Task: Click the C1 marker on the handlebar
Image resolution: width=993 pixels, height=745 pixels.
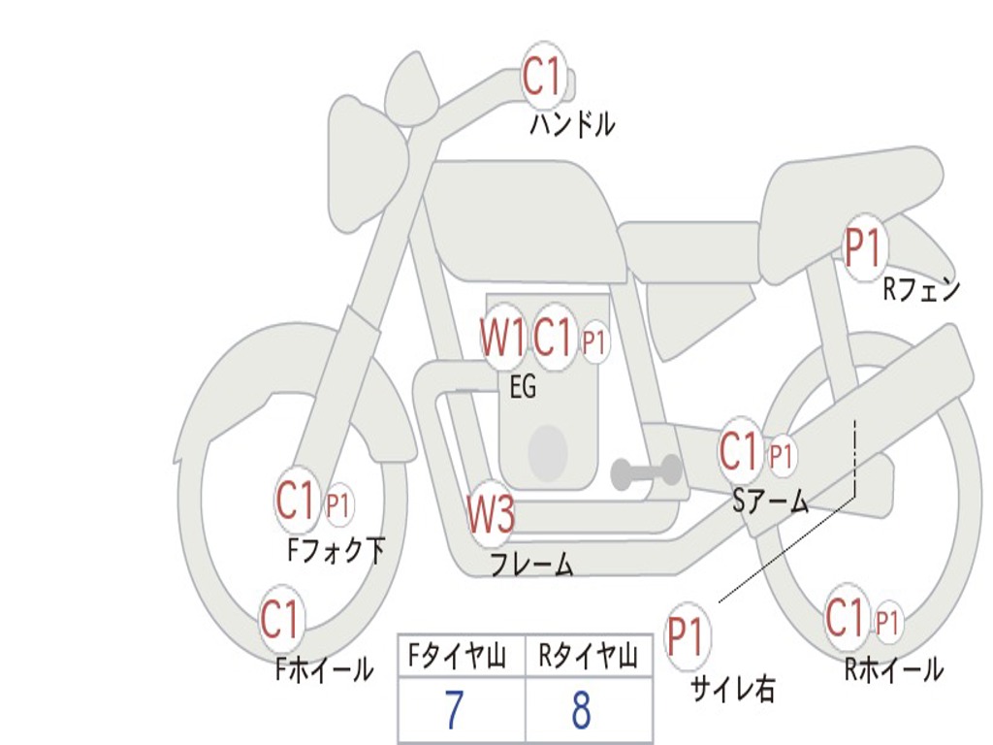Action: tap(543, 77)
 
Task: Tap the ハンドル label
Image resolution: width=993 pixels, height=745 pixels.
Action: tap(572, 123)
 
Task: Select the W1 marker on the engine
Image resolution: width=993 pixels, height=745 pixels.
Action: tap(503, 337)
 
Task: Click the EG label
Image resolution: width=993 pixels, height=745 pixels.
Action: tap(523, 386)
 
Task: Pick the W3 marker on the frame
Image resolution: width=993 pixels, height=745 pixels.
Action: tap(491, 512)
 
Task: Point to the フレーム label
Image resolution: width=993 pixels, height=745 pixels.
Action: tap(532, 565)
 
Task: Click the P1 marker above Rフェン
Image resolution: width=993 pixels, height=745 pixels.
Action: tap(863, 247)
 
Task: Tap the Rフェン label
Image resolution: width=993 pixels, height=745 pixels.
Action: tap(921, 289)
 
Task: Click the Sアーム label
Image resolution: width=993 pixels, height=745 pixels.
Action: tap(771, 502)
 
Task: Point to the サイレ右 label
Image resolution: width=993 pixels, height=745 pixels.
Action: tap(732, 689)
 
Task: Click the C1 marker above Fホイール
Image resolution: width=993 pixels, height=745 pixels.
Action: tap(280, 618)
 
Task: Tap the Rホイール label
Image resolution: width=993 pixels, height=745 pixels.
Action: tap(893, 669)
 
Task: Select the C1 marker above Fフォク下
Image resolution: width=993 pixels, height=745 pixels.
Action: tap(296, 501)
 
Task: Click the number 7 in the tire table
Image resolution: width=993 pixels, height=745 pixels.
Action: tap(454, 709)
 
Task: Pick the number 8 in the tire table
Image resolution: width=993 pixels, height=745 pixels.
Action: tap(581, 709)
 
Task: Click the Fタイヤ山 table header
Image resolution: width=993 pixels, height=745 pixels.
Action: tap(457, 656)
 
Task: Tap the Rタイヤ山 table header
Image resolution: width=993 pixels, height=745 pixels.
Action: tap(588, 656)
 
